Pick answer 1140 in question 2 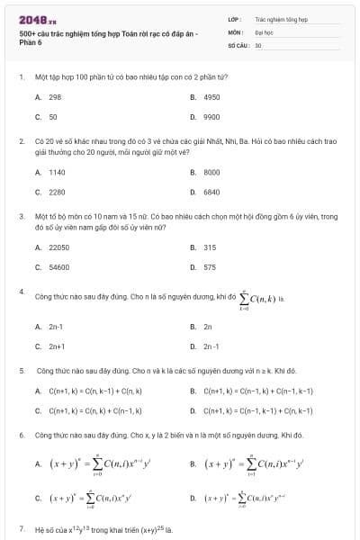pos(57,171)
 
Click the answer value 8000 pos(211,171)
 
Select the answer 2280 pos(57,192)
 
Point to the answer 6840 pos(211,192)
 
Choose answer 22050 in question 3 pos(58,247)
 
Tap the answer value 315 pos(210,247)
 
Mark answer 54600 pos(58,267)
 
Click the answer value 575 pos(210,267)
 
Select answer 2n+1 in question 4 pos(57,346)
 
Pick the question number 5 pos(21,370)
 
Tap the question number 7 pos(21,529)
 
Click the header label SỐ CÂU pos(238,44)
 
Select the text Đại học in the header pos(264,31)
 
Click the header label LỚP pos(234,18)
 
